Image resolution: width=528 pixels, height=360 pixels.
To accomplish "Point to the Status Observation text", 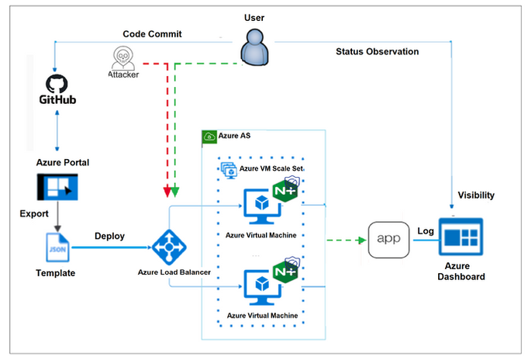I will point(377,52).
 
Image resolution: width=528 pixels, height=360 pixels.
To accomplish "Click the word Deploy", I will point(110,236).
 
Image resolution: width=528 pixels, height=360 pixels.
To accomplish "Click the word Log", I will point(426,231).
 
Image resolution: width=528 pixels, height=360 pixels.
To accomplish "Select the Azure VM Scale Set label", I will point(271,168).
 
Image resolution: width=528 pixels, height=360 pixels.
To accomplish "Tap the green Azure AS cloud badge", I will point(209,137).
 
